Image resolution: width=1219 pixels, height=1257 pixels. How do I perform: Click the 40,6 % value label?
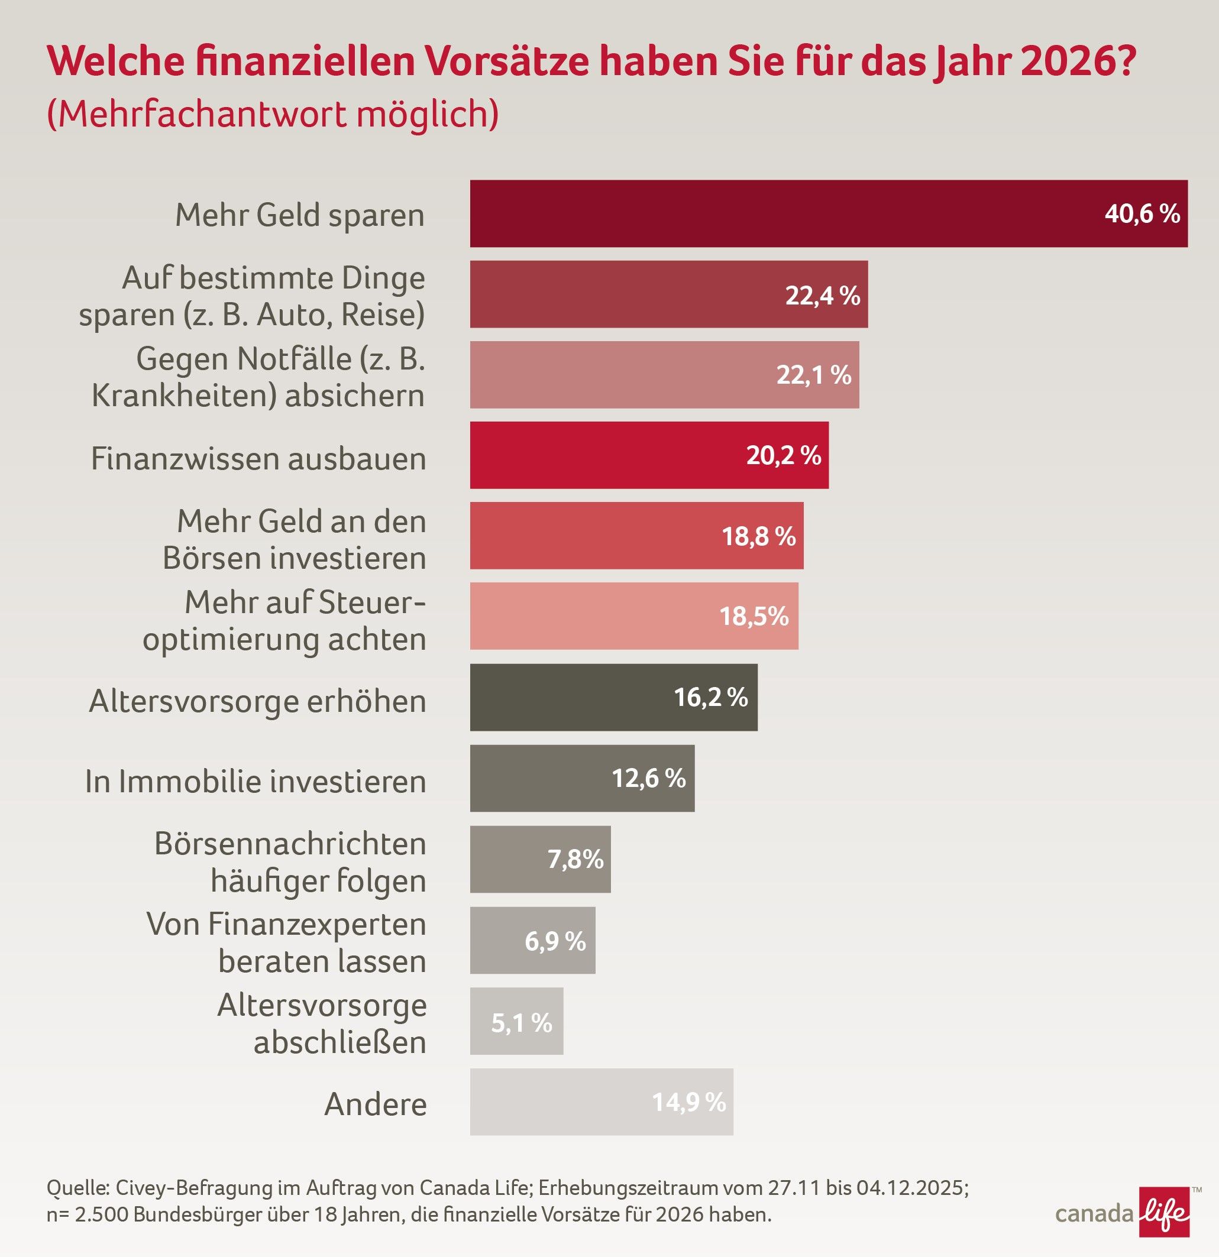1142,213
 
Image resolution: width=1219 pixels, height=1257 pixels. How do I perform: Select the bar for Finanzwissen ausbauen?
649,455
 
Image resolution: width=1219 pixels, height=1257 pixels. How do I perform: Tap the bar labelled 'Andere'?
601,1102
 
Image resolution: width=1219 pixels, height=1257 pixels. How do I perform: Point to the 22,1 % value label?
813,374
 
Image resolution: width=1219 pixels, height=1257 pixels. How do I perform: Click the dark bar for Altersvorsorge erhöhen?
613,697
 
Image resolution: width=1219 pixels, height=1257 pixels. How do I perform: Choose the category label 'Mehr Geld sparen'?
300,215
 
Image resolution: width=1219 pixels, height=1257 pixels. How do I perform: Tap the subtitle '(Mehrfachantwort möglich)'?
273,114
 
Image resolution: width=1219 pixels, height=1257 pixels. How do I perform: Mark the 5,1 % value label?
521,1022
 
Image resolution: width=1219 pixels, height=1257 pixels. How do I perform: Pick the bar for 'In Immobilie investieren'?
582,778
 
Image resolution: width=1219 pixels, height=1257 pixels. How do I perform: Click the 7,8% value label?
575,859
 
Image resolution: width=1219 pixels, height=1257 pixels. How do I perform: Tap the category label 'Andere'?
376,1104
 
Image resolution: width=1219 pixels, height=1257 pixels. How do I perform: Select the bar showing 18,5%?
634,615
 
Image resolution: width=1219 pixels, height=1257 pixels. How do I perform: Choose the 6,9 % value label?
555,941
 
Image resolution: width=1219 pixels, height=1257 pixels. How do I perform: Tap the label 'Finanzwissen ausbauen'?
258,459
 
